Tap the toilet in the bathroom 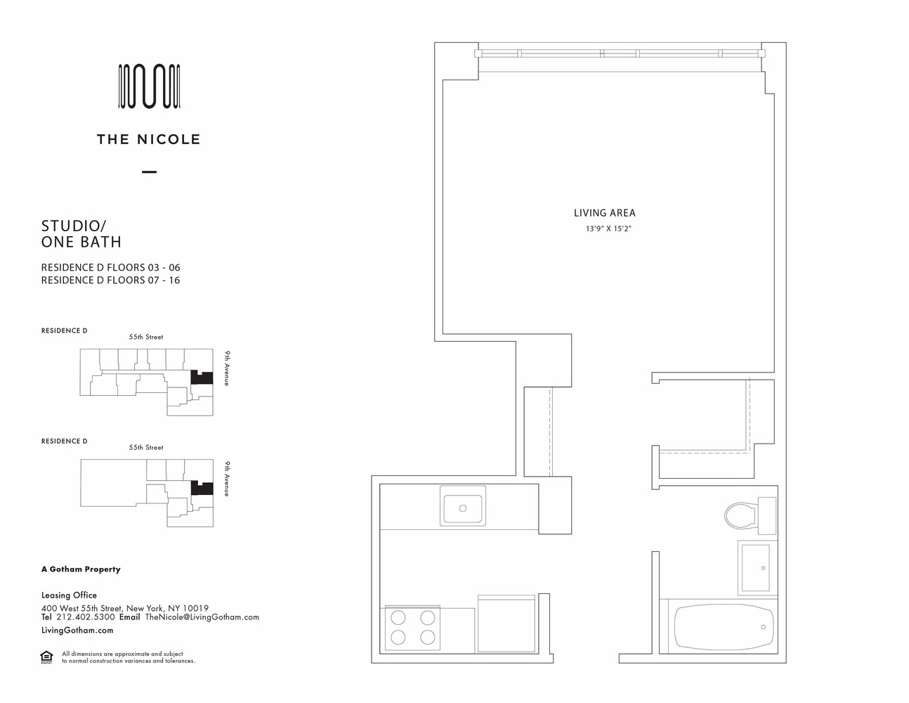coord(750,515)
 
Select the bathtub coord(724,627)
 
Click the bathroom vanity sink coord(755,567)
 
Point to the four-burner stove coord(412,627)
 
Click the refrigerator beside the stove coord(506,624)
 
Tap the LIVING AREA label coord(604,213)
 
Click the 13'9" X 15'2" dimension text coord(608,229)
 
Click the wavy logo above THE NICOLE coord(150,86)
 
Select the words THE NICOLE coord(148,139)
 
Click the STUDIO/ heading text coord(74,226)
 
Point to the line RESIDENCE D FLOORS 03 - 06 coord(110,267)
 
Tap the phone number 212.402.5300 coord(85,617)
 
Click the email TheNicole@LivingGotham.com coord(202,617)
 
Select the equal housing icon coord(46,657)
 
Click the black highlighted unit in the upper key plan coord(201,378)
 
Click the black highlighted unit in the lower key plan coord(202,488)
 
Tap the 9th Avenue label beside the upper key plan coord(227,368)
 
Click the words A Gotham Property coord(81,569)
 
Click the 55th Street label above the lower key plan coord(146,447)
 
